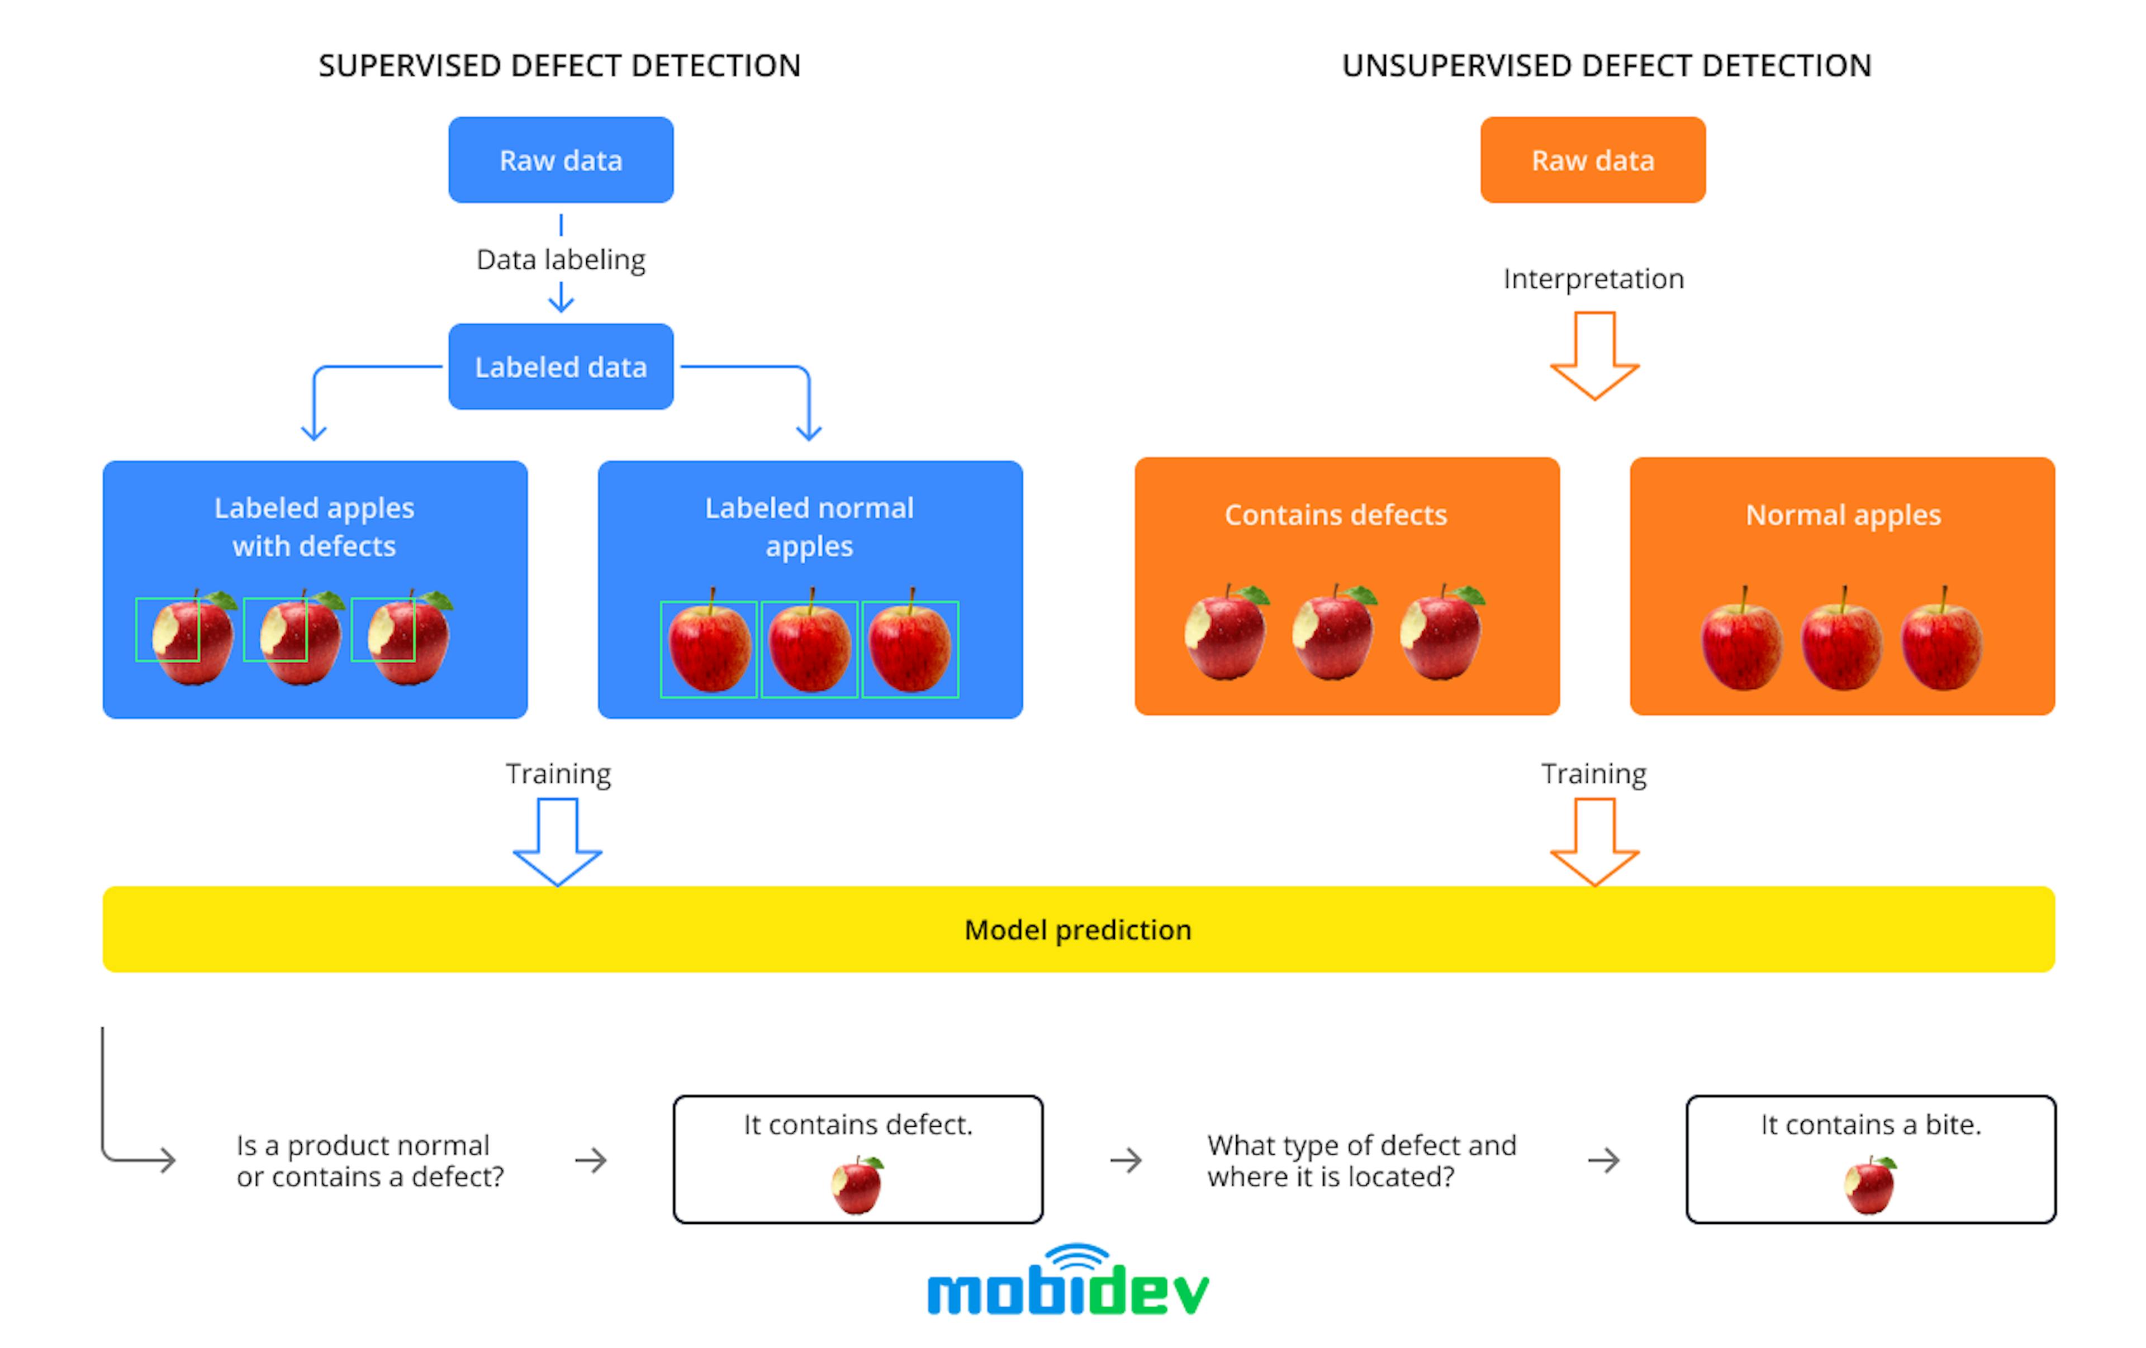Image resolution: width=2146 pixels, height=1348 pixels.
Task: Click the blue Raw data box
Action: click(x=561, y=160)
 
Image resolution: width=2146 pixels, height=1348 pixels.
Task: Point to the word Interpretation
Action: click(x=1593, y=279)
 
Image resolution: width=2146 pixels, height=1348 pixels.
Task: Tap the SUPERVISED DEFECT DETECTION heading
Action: click(x=559, y=66)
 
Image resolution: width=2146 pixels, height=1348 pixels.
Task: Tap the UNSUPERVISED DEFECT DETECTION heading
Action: click(x=1606, y=66)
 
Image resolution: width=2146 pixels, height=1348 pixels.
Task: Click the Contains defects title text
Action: click(x=1335, y=515)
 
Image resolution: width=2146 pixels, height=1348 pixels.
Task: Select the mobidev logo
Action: click(x=1067, y=1283)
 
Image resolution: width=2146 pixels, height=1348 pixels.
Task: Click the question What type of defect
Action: click(x=1361, y=1160)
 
